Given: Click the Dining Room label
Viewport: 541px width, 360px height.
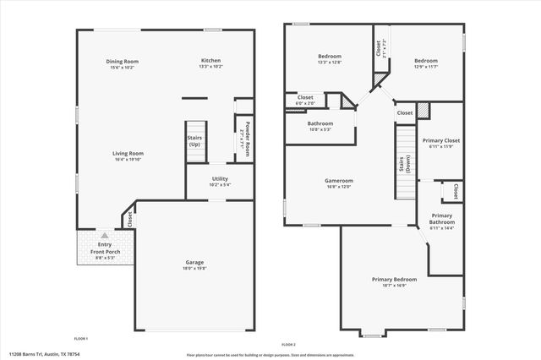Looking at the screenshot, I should click(122, 62).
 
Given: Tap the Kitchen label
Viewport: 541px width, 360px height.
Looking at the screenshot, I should click(210, 62).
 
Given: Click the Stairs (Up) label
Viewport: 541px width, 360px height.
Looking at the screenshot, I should click(194, 139).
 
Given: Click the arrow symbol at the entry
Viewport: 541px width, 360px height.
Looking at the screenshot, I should click(103, 237).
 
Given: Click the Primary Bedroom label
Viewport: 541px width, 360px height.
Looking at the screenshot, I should click(394, 281).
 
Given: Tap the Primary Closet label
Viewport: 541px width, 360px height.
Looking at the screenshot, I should click(440, 142).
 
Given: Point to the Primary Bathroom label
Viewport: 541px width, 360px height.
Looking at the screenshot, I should click(442, 220).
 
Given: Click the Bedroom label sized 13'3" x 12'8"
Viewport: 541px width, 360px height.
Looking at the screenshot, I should click(329, 60).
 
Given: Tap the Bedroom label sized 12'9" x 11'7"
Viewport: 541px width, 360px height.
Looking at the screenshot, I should click(425, 62).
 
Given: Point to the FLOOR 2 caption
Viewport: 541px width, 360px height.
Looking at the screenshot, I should click(289, 344).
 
